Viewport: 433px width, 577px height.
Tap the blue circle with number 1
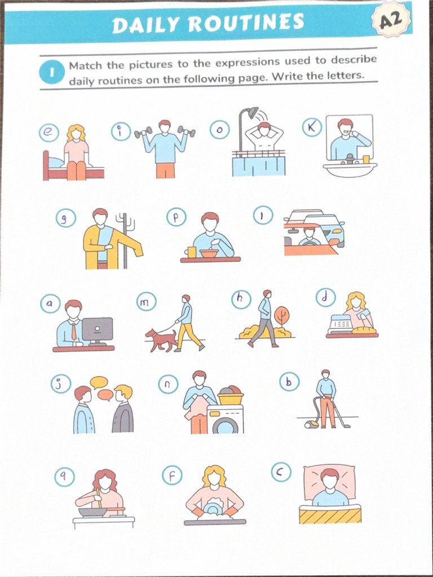pos(51,72)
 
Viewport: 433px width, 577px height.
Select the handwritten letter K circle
pos(312,127)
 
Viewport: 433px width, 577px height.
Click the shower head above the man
pos(254,113)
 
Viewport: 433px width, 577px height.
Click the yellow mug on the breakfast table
pos(191,252)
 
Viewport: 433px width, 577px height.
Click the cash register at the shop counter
pos(341,324)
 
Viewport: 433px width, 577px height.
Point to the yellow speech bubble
pos(99,382)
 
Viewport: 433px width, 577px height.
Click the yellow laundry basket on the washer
pos(231,398)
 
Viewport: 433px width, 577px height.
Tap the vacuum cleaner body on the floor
pos(312,424)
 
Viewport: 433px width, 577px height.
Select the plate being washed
pos(213,509)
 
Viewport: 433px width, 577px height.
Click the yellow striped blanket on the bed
pos(330,514)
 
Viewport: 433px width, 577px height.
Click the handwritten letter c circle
pos(281,472)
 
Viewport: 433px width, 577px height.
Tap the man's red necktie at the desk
pos(74,331)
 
